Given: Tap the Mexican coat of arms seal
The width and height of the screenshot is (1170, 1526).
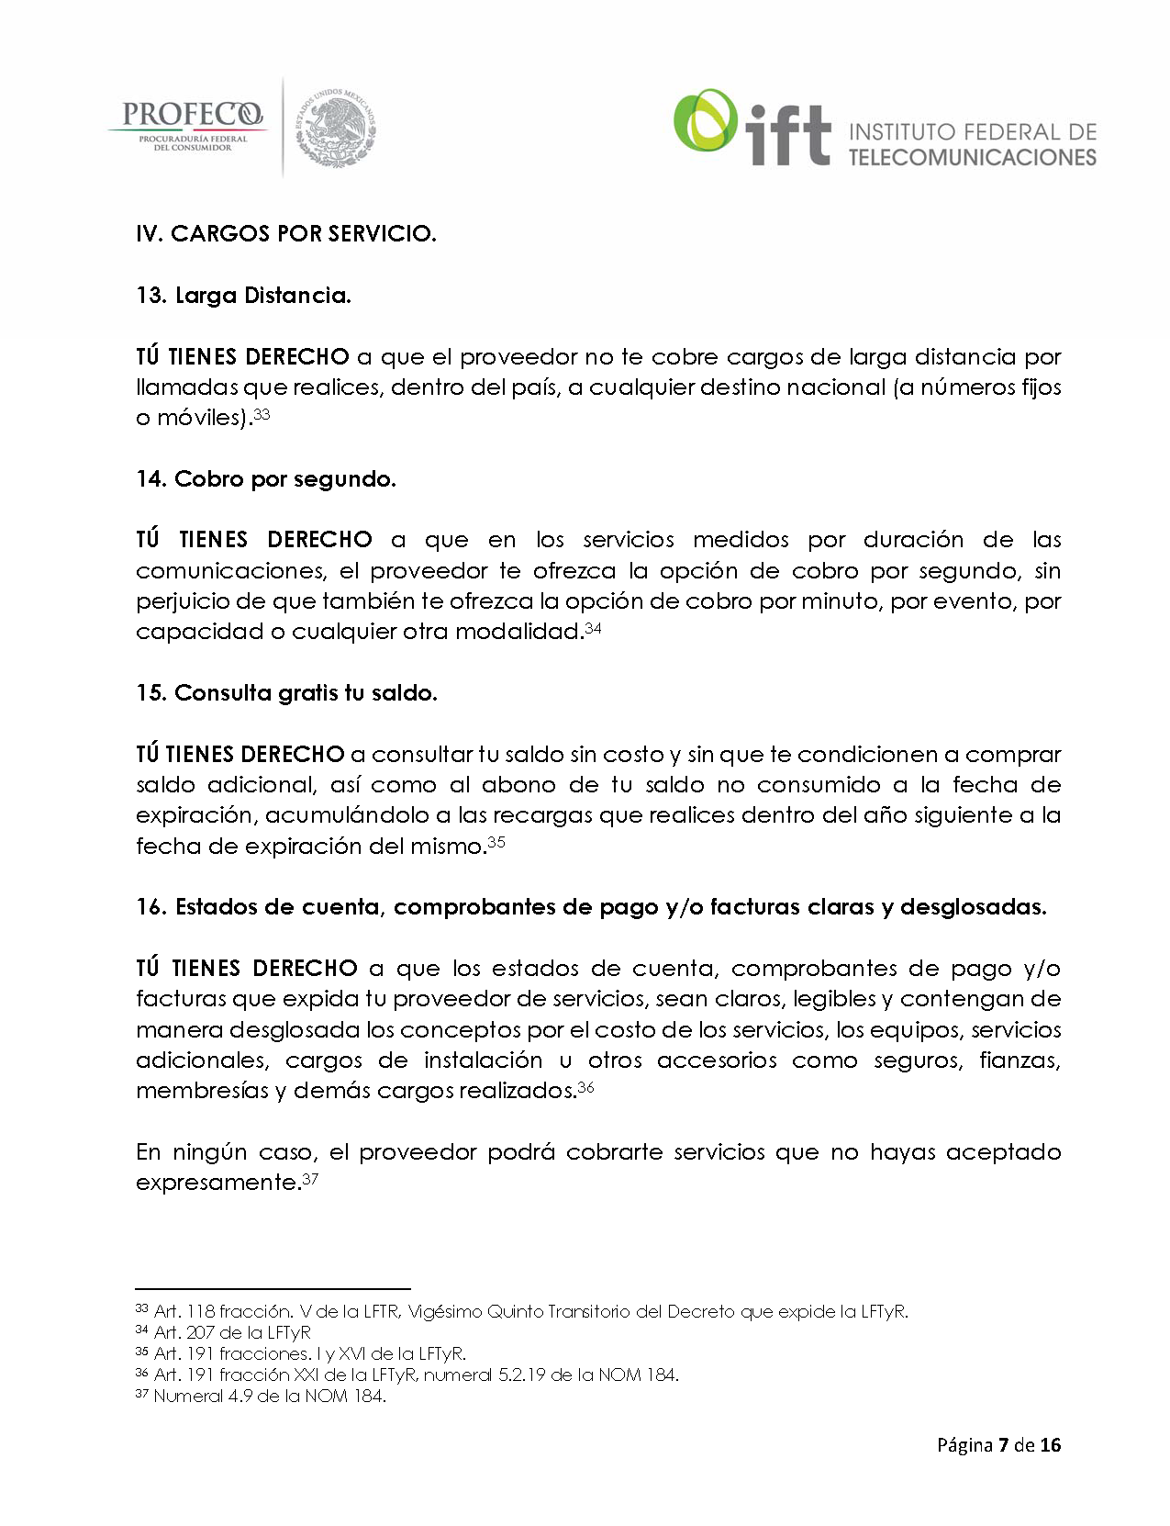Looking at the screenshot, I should coord(336,128).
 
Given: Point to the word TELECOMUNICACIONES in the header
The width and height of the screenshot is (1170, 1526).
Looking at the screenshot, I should coord(972,157).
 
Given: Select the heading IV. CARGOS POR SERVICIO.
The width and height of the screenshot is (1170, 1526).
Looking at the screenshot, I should coord(285,233).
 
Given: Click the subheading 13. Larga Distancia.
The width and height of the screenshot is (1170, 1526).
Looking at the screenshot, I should coord(243,295).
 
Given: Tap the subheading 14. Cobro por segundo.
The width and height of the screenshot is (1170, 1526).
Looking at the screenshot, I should coord(266,478).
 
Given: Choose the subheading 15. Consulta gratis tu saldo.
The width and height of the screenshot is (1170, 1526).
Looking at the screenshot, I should coord(286,692).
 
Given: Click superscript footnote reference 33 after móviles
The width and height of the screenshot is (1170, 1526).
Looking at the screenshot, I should coord(262,414).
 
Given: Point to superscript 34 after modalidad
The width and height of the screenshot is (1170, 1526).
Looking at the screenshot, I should coord(593,628).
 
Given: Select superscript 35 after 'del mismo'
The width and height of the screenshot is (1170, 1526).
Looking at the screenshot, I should coord(496,842).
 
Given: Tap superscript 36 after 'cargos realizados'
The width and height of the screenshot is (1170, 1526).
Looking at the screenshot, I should coord(586,1087).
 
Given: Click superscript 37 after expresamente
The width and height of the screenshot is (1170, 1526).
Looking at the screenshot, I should coord(310,1179).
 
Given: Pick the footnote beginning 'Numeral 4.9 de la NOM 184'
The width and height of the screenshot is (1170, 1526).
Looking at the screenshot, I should coord(270,1397).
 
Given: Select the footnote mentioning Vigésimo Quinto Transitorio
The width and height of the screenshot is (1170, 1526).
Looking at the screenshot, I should coord(530,1311).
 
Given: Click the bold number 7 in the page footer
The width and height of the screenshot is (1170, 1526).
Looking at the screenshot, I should coord(1003,1444).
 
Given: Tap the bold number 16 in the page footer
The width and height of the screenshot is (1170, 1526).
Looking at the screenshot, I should coord(1051,1444).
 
